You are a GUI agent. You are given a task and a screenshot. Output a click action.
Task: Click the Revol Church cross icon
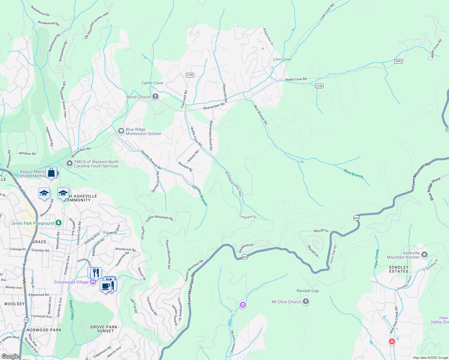point(155,97)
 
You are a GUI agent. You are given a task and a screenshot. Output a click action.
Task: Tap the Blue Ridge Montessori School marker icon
point(121,131)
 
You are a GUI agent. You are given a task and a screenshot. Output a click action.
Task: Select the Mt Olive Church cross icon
point(306,301)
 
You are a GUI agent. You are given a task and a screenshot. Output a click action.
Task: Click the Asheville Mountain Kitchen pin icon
point(424,255)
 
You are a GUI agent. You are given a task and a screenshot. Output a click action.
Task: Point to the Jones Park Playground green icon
point(59,223)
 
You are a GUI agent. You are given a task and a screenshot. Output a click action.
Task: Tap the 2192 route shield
point(190,75)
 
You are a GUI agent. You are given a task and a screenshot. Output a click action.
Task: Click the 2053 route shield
point(398,61)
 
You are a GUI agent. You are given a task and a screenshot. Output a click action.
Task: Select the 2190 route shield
point(319,86)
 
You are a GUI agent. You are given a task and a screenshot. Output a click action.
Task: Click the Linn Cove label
point(282,59)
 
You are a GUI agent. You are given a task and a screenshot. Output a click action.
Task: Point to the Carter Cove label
point(152,83)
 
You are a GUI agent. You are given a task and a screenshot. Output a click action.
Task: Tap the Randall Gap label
point(307,291)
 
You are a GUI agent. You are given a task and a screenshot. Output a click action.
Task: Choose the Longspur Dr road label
point(248,217)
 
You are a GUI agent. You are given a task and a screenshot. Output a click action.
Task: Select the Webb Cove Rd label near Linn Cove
point(296,79)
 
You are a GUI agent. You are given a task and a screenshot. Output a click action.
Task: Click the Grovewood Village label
point(71,282)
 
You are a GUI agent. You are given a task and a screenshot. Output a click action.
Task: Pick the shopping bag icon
point(51,173)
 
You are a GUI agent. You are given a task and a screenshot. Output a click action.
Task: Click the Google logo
point(10,356)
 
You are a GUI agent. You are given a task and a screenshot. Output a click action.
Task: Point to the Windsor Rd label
point(27,154)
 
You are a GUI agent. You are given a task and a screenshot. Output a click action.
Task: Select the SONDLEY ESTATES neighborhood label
point(399,269)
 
